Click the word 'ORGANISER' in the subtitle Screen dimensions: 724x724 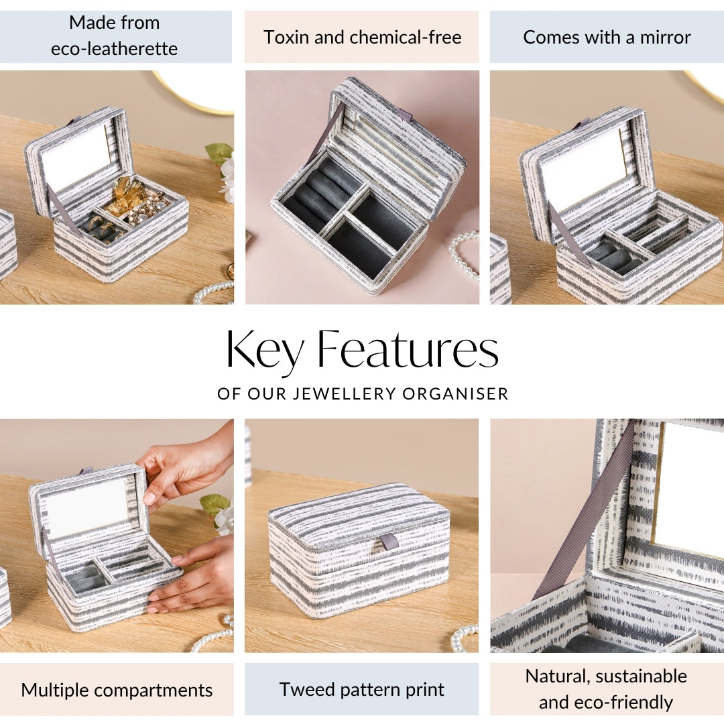455,394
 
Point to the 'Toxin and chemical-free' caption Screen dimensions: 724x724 363,37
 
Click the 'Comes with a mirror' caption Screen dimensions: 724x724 607,37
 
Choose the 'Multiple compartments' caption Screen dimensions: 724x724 117,690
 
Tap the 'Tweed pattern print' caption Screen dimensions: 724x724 361,689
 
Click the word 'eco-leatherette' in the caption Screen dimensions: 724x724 114,48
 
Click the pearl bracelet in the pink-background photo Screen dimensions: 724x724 465,256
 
